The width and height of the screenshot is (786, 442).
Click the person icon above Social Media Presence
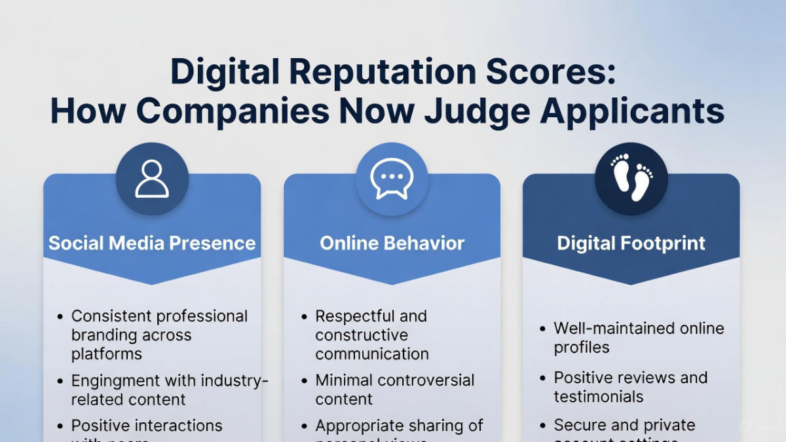152,179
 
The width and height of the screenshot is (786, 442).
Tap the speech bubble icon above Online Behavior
392,179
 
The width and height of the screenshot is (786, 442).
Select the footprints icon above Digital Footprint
631,179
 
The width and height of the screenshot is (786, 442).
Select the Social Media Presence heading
152,244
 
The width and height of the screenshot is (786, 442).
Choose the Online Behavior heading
392,244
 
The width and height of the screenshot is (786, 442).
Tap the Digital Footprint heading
631,244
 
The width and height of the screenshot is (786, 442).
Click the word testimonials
598,397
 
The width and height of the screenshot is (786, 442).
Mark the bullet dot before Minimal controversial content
304,381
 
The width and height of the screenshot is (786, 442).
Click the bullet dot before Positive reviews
543,378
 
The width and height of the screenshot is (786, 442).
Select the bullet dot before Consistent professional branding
60,317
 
